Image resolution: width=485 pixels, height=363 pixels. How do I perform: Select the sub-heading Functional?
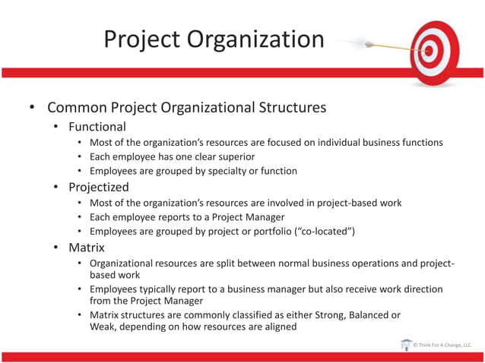[97, 127]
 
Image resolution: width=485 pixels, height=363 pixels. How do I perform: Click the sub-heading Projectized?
[99, 187]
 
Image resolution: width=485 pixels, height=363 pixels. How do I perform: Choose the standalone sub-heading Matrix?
[87, 247]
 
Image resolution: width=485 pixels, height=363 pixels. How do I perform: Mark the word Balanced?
[357, 314]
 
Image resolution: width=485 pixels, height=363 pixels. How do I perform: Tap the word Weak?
[103, 327]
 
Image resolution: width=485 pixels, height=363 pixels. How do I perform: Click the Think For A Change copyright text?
[443, 346]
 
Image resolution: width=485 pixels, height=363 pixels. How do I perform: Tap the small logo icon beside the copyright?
[406, 345]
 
